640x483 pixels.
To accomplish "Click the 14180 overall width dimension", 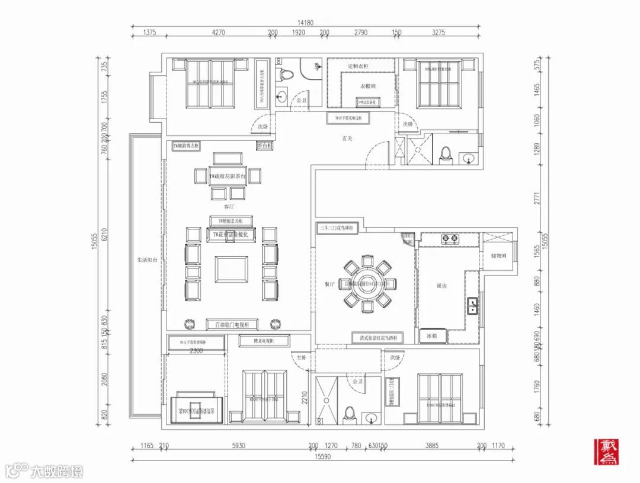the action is click(305, 23).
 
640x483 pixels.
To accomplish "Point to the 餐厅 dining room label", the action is click(330, 284).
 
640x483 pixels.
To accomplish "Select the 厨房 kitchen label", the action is click(441, 286).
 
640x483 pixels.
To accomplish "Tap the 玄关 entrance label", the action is click(348, 139).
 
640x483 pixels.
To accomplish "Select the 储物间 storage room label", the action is click(499, 255).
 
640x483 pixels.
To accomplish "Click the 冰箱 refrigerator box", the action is click(432, 336).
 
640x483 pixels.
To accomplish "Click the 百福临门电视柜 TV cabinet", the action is click(232, 324).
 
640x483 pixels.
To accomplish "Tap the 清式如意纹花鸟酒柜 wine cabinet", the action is click(377, 337).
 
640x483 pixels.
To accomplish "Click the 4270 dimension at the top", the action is click(218, 33).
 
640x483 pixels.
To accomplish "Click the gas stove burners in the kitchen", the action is click(450, 239).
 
